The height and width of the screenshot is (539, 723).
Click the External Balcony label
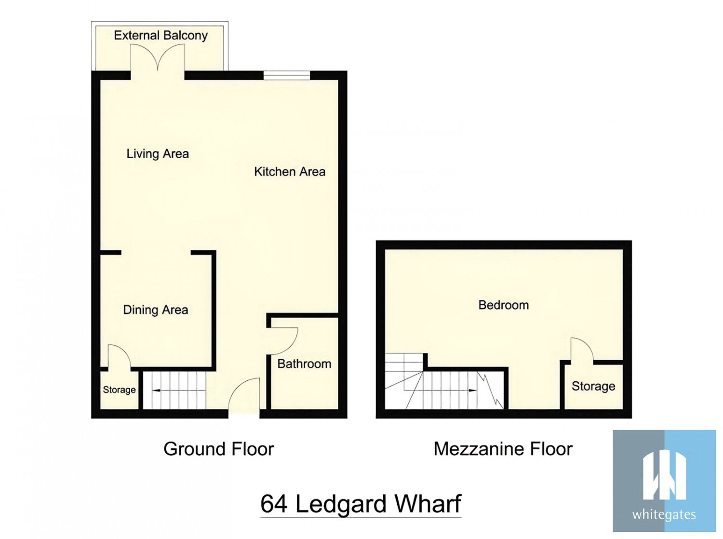point(161,36)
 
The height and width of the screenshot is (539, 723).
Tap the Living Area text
point(158,154)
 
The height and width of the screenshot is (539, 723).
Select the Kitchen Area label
point(290,172)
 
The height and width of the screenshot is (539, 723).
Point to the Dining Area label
point(156,310)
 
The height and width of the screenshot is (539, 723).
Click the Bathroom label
point(304,364)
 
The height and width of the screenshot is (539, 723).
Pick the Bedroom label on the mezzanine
point(503,305)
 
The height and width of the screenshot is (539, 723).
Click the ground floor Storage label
point(119,390)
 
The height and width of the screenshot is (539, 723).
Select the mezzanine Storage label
point(593,386)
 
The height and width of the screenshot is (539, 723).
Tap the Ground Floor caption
point(219,449)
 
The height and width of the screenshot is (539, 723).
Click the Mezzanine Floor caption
point(503,449)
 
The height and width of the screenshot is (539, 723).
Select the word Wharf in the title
point(428,504)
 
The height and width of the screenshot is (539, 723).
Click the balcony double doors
point(158,59)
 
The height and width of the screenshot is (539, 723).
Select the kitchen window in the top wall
point(287,75)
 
